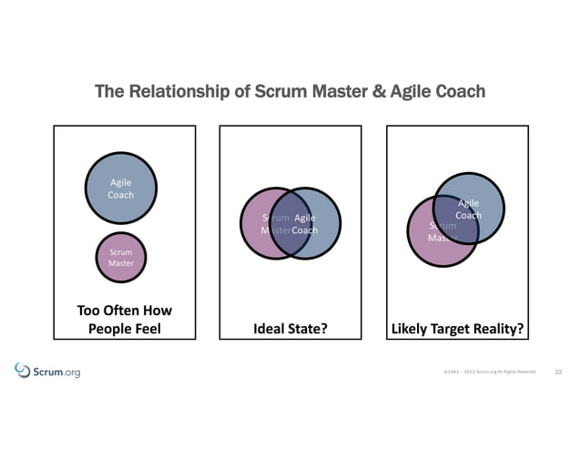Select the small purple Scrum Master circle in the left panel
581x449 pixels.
tap(121, 257)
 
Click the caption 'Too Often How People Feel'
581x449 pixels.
tap(125, 320)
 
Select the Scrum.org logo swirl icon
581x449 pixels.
tap(23, 370)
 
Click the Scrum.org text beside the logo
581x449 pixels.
tap(56, 372)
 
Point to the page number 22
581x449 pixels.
tap(558, 372)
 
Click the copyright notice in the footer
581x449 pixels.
tap(489, 372)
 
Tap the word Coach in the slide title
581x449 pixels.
tap(459, 92)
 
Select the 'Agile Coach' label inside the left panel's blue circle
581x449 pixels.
tap(121, 189)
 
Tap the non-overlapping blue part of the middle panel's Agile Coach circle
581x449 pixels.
tap(326, 224)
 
